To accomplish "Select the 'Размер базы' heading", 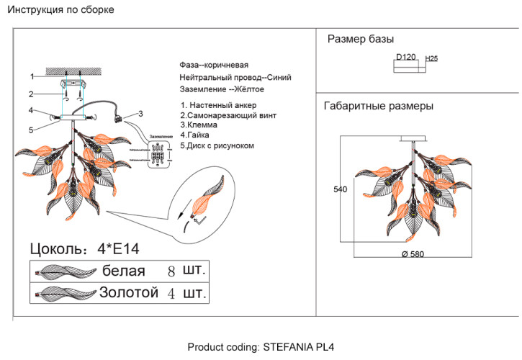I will (360, 39).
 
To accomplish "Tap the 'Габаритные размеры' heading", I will (379, 106).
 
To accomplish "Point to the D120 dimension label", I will (406, 57).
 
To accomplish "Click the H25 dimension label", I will (432, 58).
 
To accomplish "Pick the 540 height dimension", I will (341, 190).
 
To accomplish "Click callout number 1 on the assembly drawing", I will (32, 76).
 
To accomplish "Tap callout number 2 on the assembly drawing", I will (32, 94).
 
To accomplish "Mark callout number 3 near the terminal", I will (141, 113).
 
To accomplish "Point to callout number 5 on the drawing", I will (32, 130).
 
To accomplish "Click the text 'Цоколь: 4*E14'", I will (84, 249).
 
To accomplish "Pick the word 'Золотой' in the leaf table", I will (128, 293).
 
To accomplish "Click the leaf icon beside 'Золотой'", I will (65, 294).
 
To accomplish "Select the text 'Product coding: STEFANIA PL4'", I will (261, 347).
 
